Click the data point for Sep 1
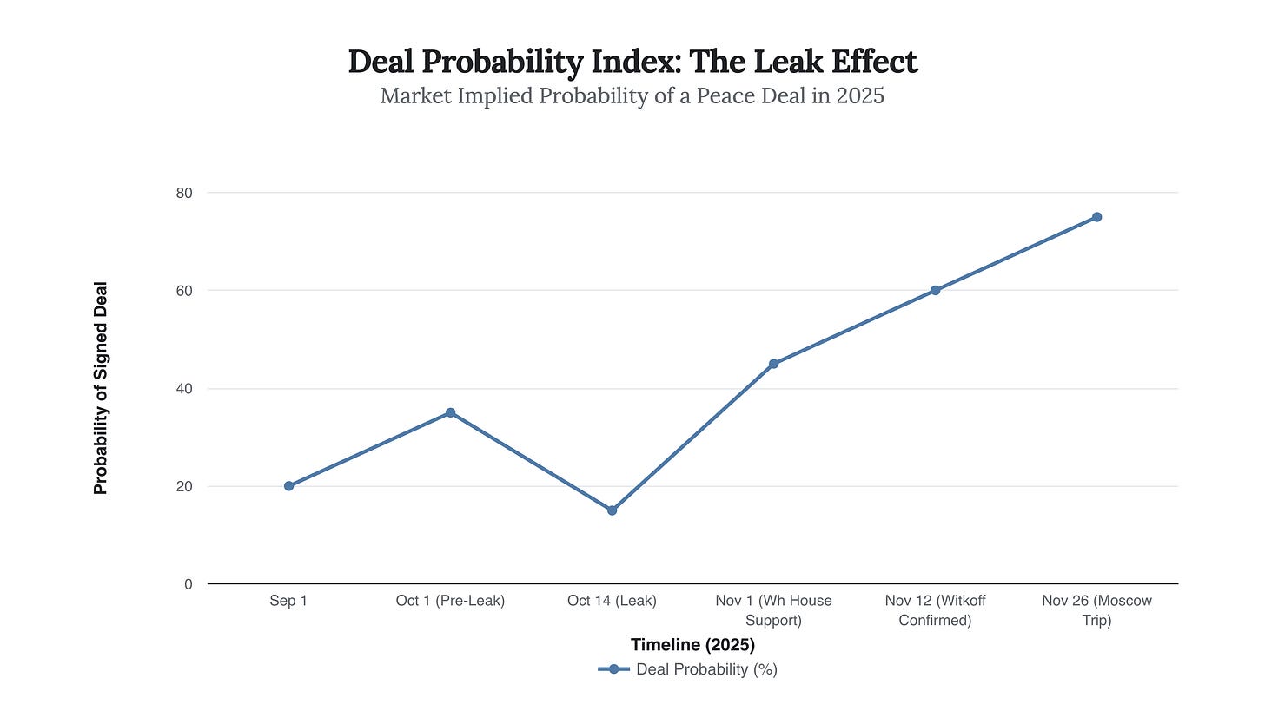[x=288, y=486]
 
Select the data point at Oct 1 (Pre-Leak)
[x=450, y=412]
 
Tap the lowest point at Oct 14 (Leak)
[x=612, y=510]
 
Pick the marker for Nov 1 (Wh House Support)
[x=773, y=364]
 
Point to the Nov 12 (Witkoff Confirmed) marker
[x=935, y=290]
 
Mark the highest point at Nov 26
[x=1096, y=217]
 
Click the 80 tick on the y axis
[x=183, y=193]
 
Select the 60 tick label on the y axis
[x=183, y=291]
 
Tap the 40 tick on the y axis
[x=183, y=389]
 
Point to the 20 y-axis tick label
[x=183, y=487]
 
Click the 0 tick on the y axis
[x=188, y=585]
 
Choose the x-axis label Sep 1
[x=288, y=601]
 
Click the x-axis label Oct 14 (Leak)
[x=612, y=601]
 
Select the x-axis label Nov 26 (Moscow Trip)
[x=1096, y=610]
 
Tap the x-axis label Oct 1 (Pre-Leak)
[x=450, y=601]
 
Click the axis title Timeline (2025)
[x=692, y=645]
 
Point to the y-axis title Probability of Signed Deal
[x=101, y=388]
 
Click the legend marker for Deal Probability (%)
[x=613, y=669]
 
